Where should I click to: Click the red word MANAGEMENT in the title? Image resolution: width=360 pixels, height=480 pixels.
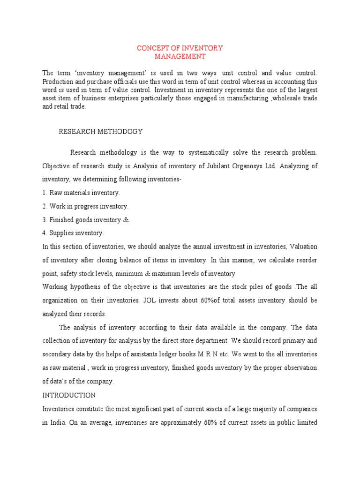[180, 56]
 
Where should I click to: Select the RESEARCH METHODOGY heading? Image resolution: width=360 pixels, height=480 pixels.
[100, 131]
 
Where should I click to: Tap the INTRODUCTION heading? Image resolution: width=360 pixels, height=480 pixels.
[69, 395]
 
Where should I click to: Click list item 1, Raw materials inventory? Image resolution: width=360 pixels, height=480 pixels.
[81, 193]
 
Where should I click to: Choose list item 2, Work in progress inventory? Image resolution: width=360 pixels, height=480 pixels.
[85, 206]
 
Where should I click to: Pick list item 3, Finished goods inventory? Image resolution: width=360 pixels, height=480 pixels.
[85, 220]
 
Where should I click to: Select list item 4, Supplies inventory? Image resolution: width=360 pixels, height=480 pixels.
[73, 233]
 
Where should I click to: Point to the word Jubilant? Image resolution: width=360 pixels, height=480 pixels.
[220, 165]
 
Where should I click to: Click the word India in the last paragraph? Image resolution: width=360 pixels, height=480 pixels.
[58, 422]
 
